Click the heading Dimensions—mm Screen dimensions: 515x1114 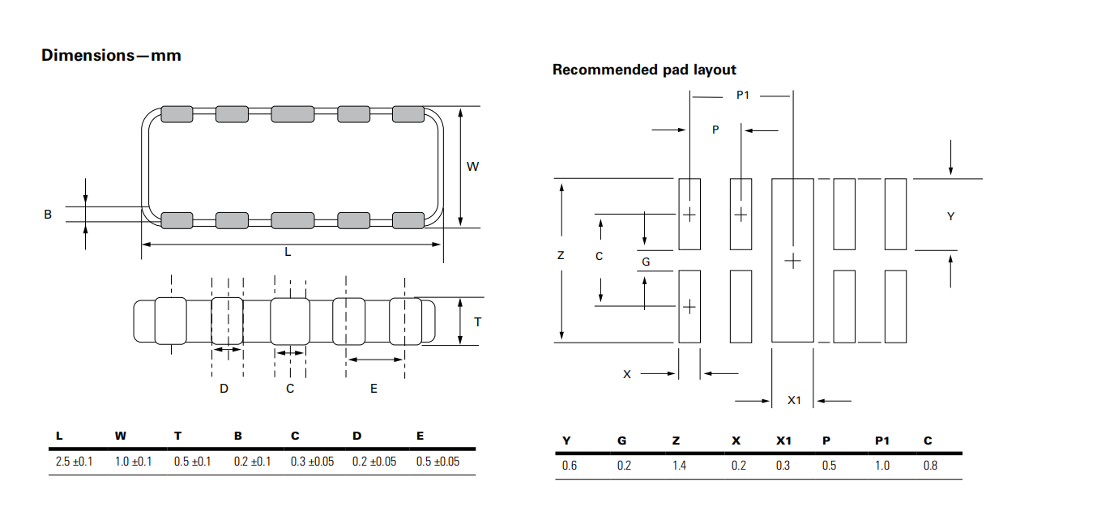click(x=111, y=56)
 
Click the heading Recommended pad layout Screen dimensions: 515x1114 click(x=644, y=70)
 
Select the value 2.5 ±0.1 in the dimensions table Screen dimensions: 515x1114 click(x=75, y=462)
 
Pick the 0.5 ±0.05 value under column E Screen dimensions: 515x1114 click(x=437, y=462)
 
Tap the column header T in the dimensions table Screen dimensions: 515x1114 click(x=178, y=436)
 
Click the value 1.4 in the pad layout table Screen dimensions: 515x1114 click(x=678, y=466)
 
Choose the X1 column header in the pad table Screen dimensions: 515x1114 click(x=783, y=441)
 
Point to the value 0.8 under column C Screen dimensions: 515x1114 click(x=930, y=466)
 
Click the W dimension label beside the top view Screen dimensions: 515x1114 click(x=473, y=167)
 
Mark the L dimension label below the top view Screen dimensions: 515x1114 click(x=288, y=252)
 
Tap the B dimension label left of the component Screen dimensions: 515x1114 click(x=48, y=215)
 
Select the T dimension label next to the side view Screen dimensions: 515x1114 click(x=477, y=321)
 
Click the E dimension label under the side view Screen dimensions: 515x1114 click(x=373, y=389)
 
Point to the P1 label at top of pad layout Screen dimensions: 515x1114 click(x=742, y=96)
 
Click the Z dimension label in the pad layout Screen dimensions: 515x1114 click(x=561, y=255)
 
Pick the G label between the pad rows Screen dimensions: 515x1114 click(x=646, y=262)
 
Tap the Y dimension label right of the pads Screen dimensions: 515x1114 click(x=951, y=216)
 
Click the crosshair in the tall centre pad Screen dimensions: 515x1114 click(x=793, y=261)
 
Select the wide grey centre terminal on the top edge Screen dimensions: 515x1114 click(x=292, y=114)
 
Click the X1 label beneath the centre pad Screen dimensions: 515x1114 click(x=795, y=400)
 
